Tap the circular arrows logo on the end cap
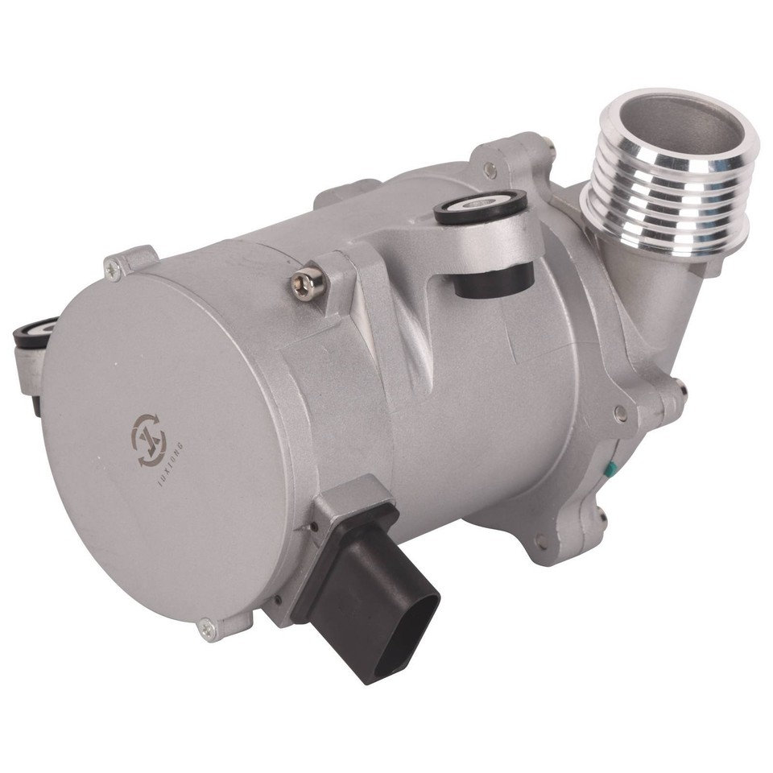[150, 439]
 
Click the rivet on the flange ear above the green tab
[620, 413]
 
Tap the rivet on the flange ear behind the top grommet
[490, 170]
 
